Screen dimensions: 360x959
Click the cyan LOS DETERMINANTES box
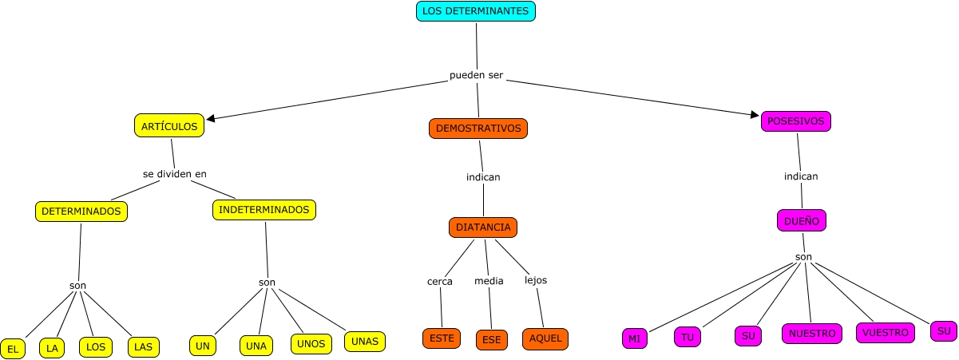pyautogui.click(x=475, y=11)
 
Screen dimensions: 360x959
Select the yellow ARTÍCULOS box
pyautogui.click(x=168, y=126)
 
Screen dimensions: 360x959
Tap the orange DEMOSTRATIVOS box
pyautogui.click(x=478, y=128)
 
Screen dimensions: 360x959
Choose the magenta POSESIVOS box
pyautogui.click(x=795, y=121)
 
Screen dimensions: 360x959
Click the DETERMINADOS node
pyautogui.click(x=81, y=212)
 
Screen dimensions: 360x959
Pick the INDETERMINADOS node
pyautogui.click(x=264, y=210)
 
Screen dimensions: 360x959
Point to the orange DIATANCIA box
pyautogui.click(x=483, y=227)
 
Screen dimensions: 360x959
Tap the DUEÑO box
pyautogui.click(x=801, y=220)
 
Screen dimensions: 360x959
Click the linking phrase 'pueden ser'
pyautogui.click(x=477, y=77)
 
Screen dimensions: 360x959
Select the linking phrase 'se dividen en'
pyautogui.click(x=180, y=173)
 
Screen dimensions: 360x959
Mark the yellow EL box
pyautogui.click(x=13, y=349)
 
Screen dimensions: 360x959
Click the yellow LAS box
pyautogui.click(x=143, y=347)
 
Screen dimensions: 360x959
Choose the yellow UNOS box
pyautogui.click(x=310, y=344)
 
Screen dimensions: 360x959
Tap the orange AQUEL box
pyautogui.click(x=545, y=338)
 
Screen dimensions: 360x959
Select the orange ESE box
pyautogui.click(x=491, y=340)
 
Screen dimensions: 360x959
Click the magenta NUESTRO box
pyautogui.click(x=811, y=333)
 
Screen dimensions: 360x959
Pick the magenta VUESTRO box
pyautogui.click(x=886, y=333)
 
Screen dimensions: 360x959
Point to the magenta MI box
pyautogui.click(x=634, y=339)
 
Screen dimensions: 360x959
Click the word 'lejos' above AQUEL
pyautogui.click(x=536, y=280)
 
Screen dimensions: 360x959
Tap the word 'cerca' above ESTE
pyautogui.click(x=439, y=281)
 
